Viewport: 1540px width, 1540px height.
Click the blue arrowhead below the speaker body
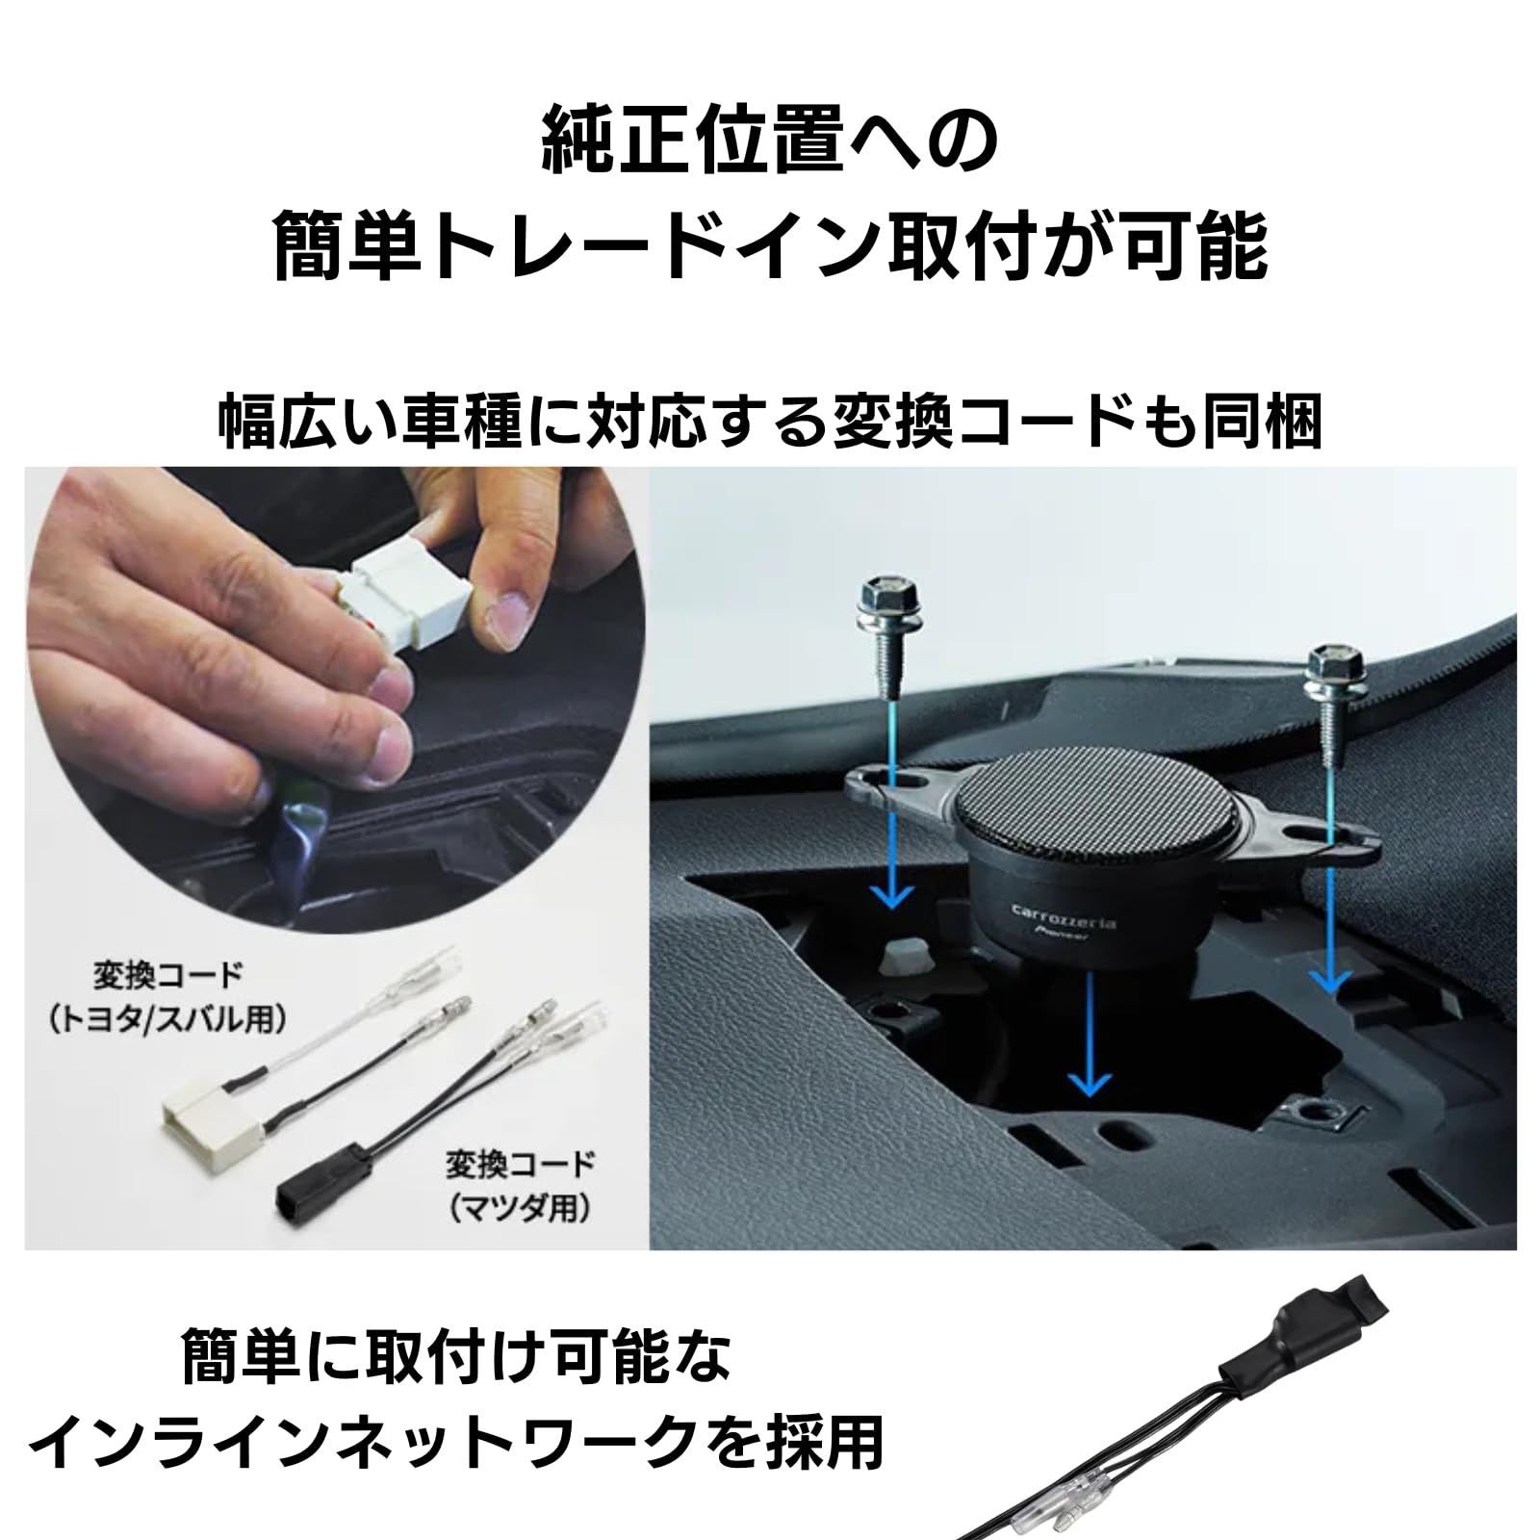(x=1089, y=1083)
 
